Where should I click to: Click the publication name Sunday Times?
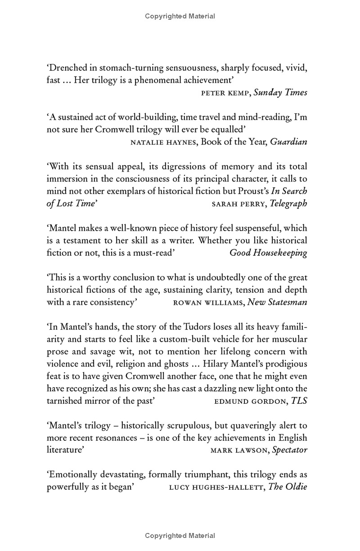(280, 93)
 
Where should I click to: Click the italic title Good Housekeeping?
(268, 253)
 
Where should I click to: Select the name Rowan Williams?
(208, 303)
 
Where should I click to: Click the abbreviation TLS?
(299, 401)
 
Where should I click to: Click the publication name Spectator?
(290, 450)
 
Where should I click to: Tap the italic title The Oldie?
(288, 487)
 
